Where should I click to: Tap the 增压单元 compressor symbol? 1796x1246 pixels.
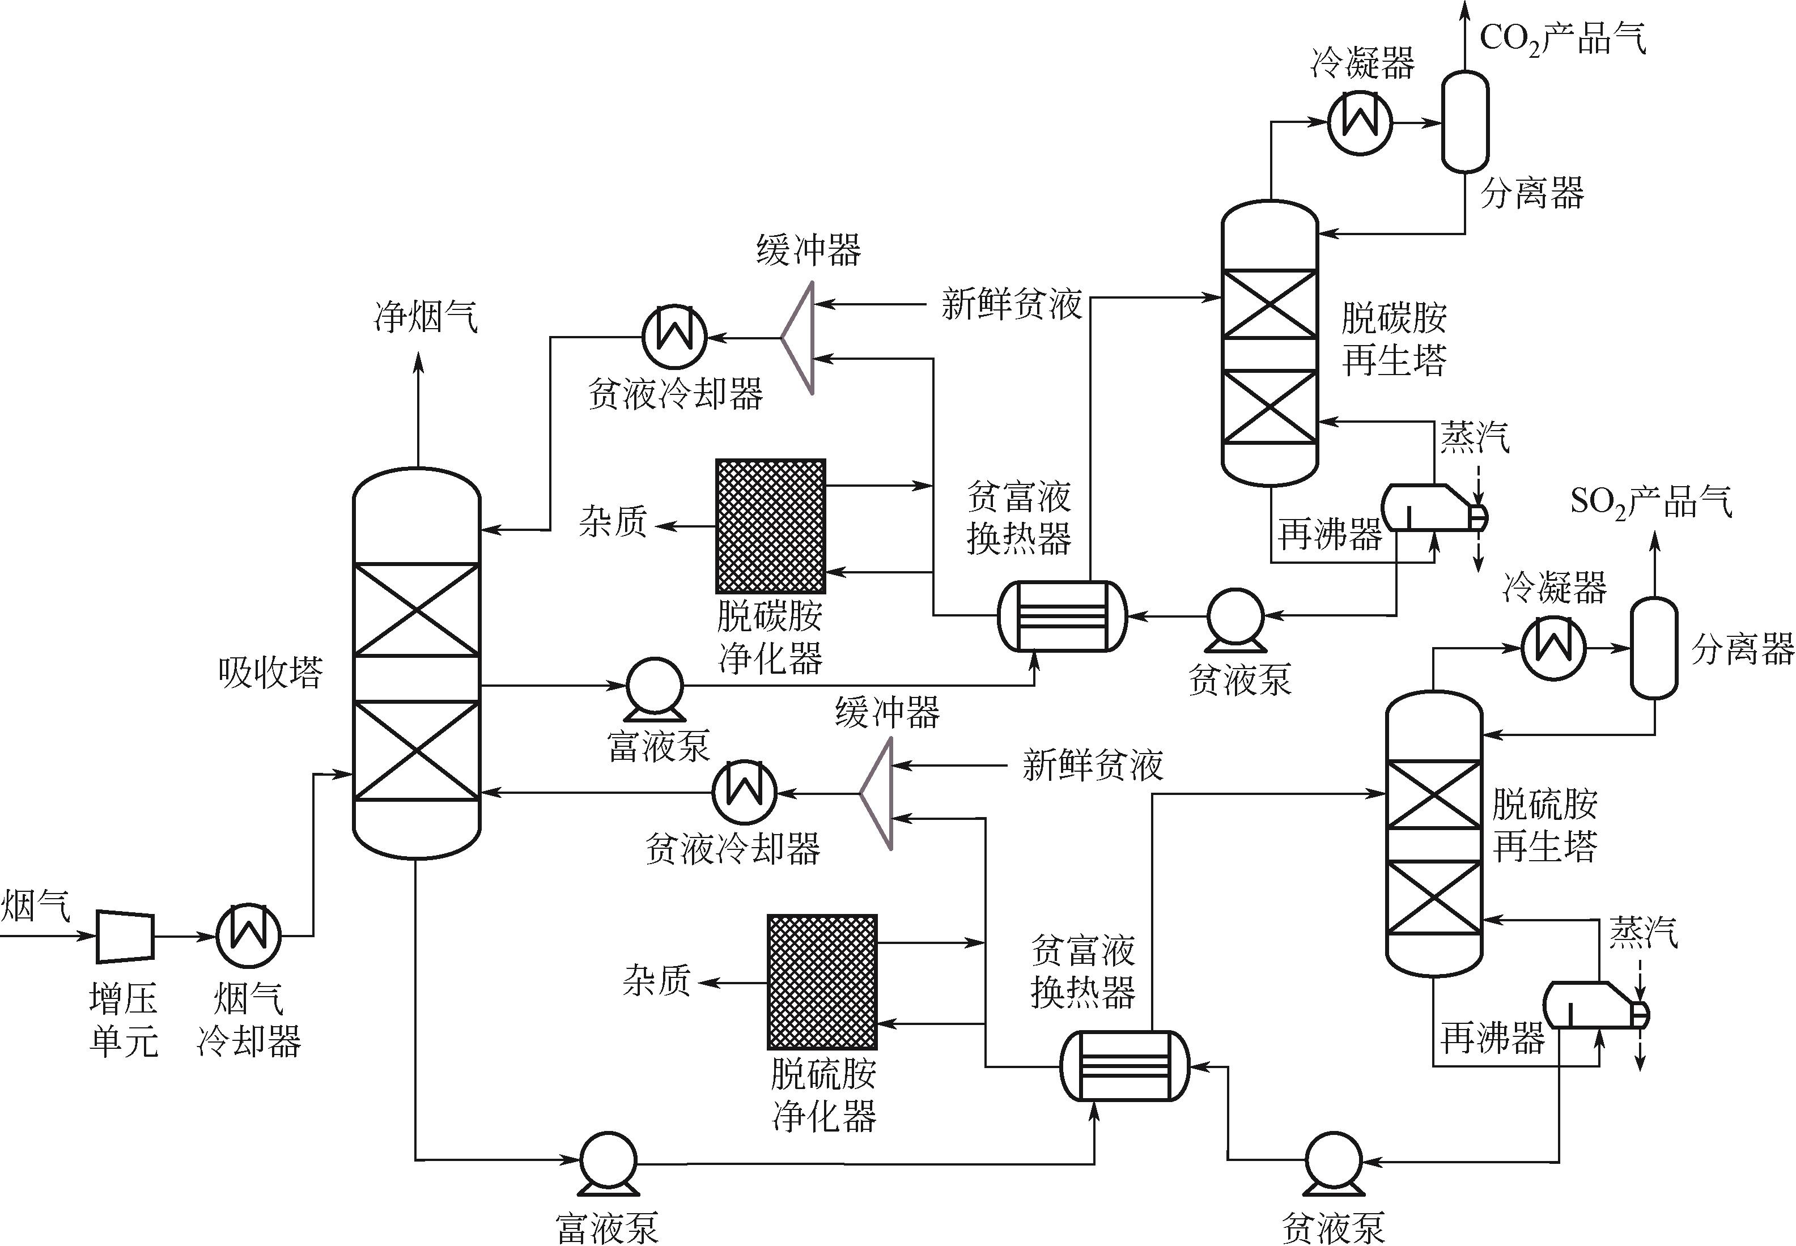pyautogui.click(x=125, y=935)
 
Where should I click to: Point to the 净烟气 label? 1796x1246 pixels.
pyautogui.click(x=426, y=317)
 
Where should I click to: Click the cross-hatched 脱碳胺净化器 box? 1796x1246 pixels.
pyautogui.click(x=770, y=526)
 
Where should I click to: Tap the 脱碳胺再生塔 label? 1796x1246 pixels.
pyautogui.click(x=1394, y=339)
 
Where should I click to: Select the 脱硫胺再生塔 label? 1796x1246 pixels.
pyautogui.click(x=1544, y=824)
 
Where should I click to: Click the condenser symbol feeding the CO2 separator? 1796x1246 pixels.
pyautogui.click(x=1360, y=122)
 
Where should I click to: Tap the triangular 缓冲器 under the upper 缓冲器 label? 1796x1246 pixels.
pyautogui.click(x=800, y=338)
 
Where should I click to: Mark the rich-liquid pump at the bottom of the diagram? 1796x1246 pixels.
pyautogui.click(x=608, y=1162)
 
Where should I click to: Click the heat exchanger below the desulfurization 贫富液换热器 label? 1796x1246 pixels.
pyautogui.click(x=1124, y=1066)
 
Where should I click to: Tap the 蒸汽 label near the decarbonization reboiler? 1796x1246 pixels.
pyautogui.click(x=1474, y=437)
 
